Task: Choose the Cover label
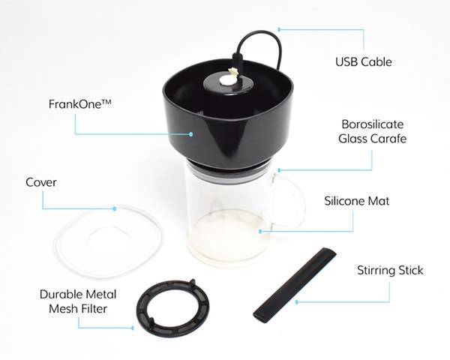pos(41,182)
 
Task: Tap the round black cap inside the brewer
pos(229,82)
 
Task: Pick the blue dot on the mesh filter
pos(133,327)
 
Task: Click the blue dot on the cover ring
pos(114,208)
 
